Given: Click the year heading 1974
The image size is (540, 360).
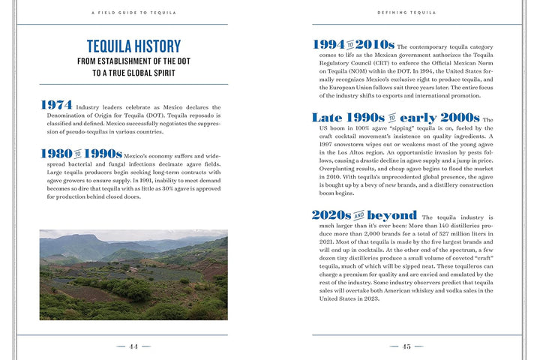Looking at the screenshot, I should [x=57, y=106].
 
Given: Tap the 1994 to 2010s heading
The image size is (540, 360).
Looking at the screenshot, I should [x=353, y=45].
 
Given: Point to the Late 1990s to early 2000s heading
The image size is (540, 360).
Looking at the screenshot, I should [x=395, y=118].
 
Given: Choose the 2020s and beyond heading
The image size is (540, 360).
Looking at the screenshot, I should [x=364, y=215].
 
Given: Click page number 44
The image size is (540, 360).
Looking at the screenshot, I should [x=133, y=346].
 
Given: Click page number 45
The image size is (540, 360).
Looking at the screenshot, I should [x=406, y=346].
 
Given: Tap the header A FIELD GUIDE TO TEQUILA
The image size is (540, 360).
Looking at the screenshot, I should [x=134, y=13].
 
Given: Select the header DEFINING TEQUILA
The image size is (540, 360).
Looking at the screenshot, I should [x=406, y=13].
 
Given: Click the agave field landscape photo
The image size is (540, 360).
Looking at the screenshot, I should [x=133, y=274].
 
